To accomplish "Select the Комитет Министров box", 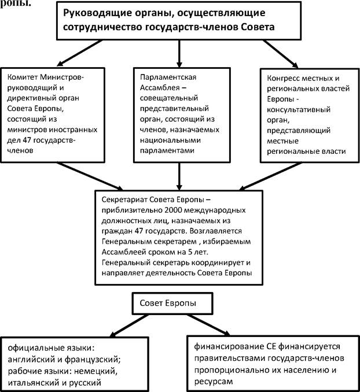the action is pyautogui.click(x=53, y=115).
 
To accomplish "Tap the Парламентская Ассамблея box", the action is pyautogui.click(x=182, y=115).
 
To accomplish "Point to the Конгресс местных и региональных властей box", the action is pyautogui.click(x=310, y=116).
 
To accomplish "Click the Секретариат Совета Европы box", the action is pyautogui.click(x=179, y=238).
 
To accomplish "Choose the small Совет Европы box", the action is pyautogui.click(x=172, y=303).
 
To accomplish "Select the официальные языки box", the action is pyautogui.click(x=75, y=364).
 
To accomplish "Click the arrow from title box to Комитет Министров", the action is pyautogui.click(x=80, y=53).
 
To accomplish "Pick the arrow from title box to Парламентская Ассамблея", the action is pyautogui.click(x=179, y=54).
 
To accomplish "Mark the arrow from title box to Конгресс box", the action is pyautogui.click(x=280, y=54).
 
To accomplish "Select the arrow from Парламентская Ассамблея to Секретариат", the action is pyautogui.click(x=179, y=176).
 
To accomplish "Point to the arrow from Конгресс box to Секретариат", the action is pyautogui.click(x=270, y=176).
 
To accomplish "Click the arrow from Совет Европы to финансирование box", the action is pyautogui.click(x=209, y=324).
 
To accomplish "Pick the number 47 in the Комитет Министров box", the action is pyautogui.click(x=27, y=140).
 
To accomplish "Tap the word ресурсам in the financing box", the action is pyautogui.click(x=214, y=382).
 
